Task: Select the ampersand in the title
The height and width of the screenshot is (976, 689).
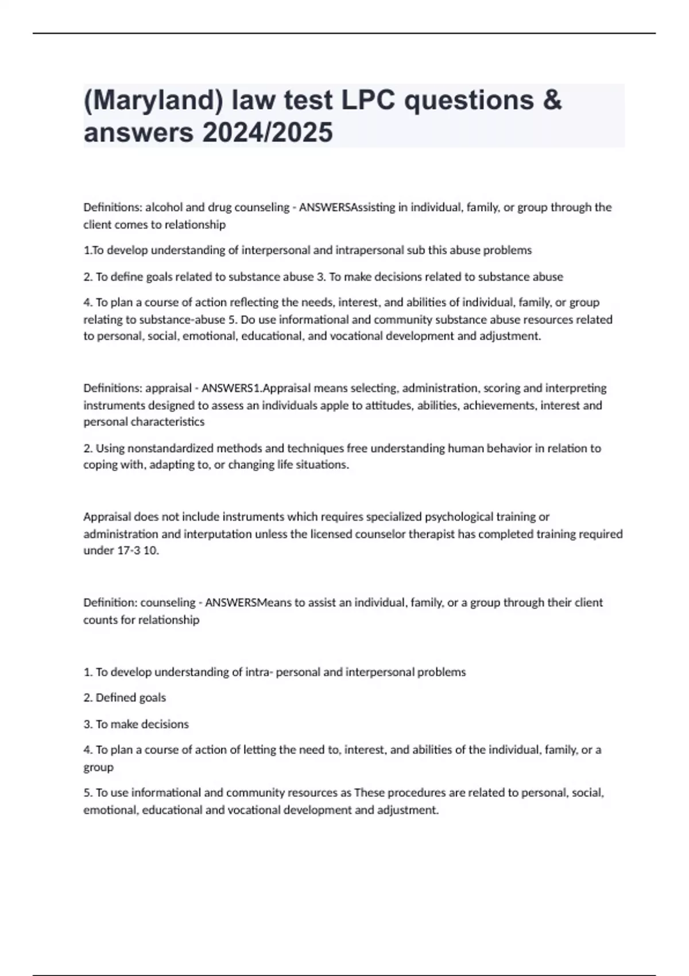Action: pos(551,100)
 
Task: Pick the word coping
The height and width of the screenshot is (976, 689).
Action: pos(99,465)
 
